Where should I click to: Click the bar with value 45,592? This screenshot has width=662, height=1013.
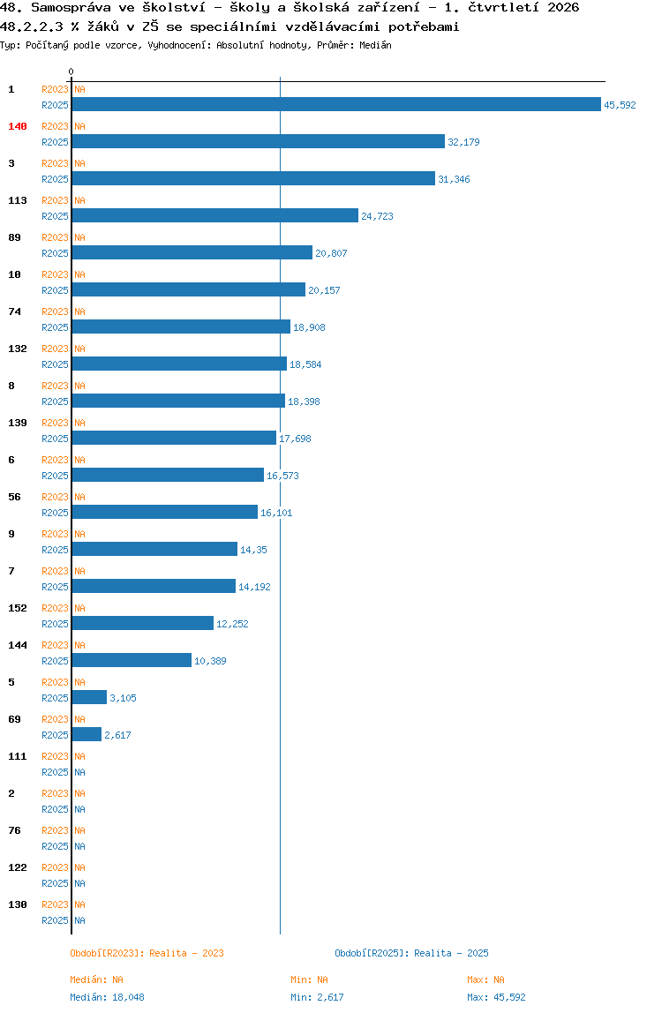coord(336,104)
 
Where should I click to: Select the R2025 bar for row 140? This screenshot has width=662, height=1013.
coord(258,141)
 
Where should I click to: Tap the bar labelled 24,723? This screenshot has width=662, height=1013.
coord(214,215)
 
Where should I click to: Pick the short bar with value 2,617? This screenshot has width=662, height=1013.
coord(87,734)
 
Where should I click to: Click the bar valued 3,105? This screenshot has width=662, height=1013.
coord(89,697)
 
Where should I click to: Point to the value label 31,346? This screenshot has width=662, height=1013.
coord(454,179)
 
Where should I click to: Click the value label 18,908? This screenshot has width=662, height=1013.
coord(309,327)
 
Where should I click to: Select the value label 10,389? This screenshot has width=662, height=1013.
coord(210,661)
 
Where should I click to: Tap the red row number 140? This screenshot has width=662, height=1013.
coord(18,126)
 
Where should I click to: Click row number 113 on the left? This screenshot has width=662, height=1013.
coord(18,200)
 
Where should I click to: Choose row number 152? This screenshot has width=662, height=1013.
coord(18,608)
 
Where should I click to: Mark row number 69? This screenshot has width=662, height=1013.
coord(14,719)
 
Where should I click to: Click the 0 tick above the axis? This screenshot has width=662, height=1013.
coord(71,71)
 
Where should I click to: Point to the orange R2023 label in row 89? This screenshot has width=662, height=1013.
coord(55,237)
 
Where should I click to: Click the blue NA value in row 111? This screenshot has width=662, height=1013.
coord(79,772)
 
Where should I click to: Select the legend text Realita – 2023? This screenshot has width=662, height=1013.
coord(186,953)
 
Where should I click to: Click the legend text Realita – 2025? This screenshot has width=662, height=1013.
coord(451,953)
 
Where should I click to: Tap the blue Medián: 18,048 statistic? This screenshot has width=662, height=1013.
coord(108,997)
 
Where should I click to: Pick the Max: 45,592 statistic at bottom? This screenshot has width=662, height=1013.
coord(496,997)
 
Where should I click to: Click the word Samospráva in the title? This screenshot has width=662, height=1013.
coord(71,8)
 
